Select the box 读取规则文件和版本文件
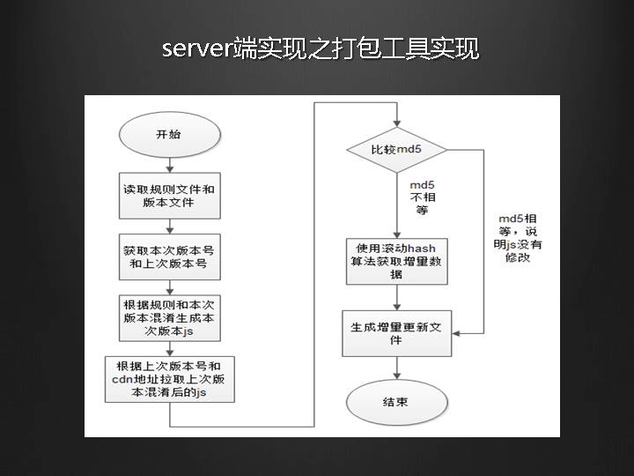(x=170, y=196)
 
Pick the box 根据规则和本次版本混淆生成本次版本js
(x=170, y=318)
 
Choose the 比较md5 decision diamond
(x=396, y=149)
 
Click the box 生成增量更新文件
(x=396, y=332)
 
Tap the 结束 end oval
(x=396, y=403)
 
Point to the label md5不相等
(x=423, y=198)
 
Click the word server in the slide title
(x=196, y=49)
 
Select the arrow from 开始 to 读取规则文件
(x=169, y=165)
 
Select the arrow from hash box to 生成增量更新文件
(x=396, y=297)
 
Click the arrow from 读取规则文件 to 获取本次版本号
(x=169, y=226)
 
